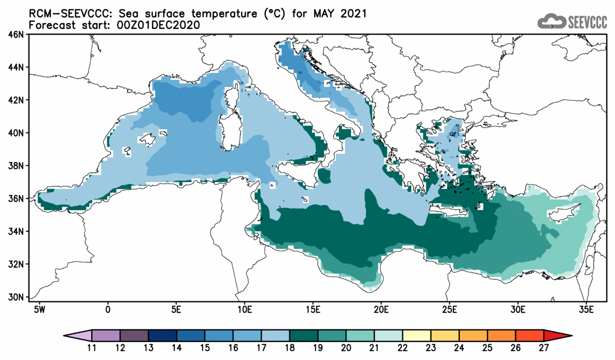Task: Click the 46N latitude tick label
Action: (x=16, y=35)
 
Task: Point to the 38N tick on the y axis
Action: (x=16, y=166)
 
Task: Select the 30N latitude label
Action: (x=16, y=297)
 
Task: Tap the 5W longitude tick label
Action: (x=38, y=308)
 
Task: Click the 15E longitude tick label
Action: (x=312, y=308)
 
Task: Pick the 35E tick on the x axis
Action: (x=585, y=308)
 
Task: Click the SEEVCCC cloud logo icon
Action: (x=551, y=22)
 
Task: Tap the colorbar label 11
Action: (x=92, y=348)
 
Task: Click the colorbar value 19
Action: (x=318, y=348)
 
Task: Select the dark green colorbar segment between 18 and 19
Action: (x=304, y=336)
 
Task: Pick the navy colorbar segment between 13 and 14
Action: (x=162, y=336)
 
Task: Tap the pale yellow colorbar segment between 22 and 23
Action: (x=417, y=336)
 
